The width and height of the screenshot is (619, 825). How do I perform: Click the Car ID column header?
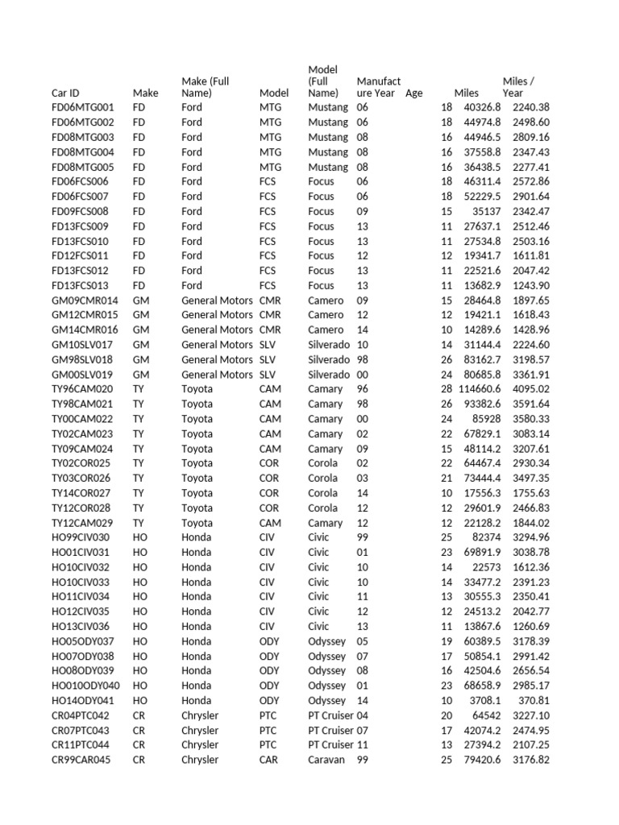click(65, 93)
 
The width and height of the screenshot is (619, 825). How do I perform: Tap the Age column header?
click(413, 93)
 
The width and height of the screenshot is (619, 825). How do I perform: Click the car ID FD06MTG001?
click(83, 107)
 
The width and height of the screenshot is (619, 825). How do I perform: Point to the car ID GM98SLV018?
click(83, 359)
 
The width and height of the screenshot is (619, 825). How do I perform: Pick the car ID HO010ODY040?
click(85, 686)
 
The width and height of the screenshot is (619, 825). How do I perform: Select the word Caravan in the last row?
click(326, 760)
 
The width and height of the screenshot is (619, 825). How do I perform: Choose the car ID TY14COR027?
click(82, 493)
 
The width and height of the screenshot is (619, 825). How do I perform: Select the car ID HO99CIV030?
click(81, 537)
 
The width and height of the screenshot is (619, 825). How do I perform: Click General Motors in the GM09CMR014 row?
click(217, 301)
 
